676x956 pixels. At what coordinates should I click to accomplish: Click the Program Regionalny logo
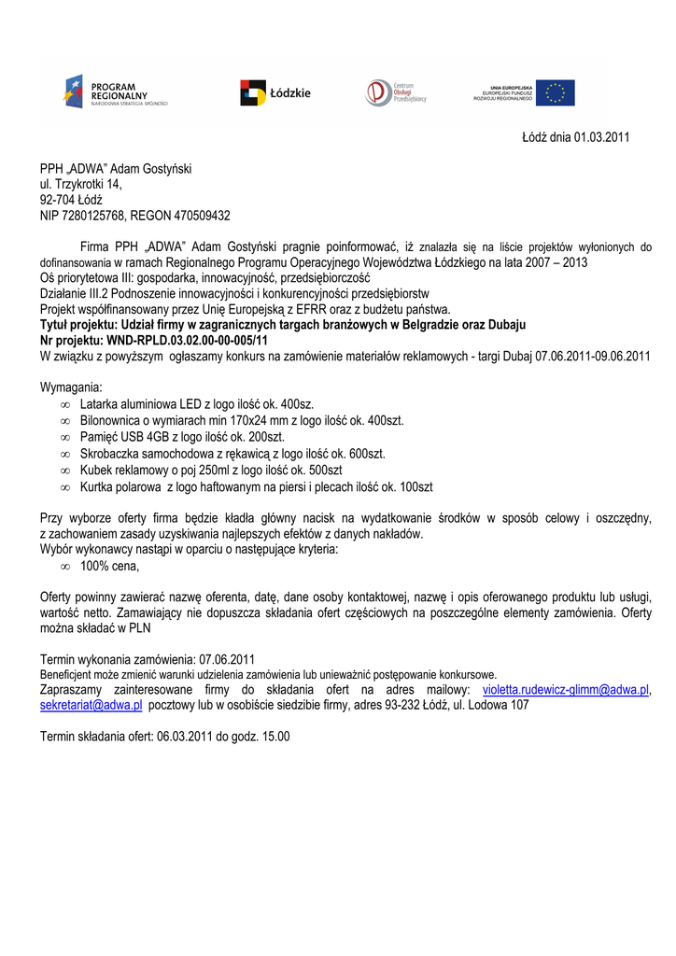tap(115, 91)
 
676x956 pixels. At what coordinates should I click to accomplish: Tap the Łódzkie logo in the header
tap(275, 92)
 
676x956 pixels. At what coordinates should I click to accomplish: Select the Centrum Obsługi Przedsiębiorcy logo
tap(395, 91)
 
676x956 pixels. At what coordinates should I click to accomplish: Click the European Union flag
tap(555, 92)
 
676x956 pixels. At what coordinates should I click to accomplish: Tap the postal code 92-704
tap(58, 200)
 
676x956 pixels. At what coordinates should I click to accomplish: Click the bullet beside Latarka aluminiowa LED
tap(65, 404)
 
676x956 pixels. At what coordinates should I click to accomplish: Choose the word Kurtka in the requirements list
tap(98, 487)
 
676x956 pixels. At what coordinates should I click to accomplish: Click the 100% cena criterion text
tap(109, 567)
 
